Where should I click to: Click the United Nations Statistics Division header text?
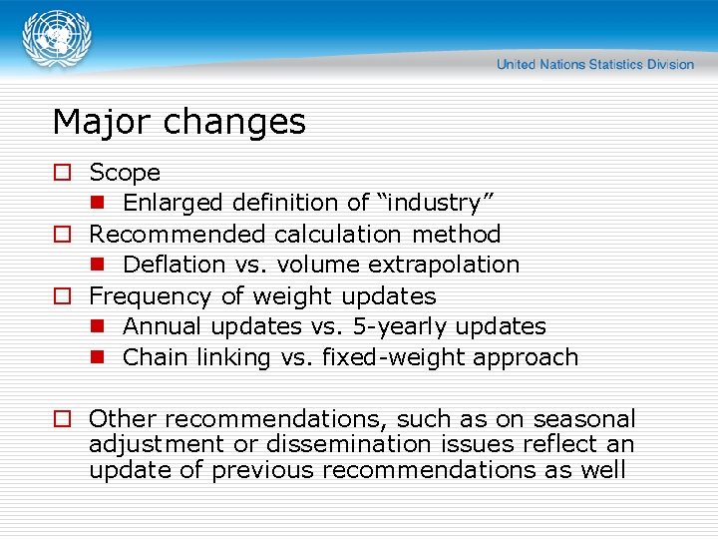tap(594, 65)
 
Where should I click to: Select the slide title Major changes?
tap(179, 122)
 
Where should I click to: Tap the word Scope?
tap(125, 173)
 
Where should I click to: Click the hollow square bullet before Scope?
tap(62, 173)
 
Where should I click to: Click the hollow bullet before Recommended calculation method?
tap(62, 235)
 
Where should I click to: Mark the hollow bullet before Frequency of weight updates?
tap(62, 296)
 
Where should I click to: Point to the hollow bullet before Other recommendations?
tap(62, 419)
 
